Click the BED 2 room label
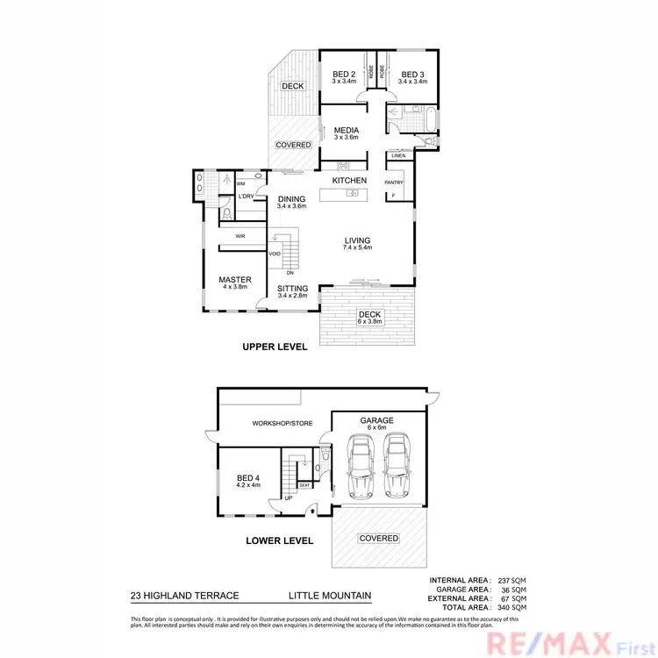tap(342, 75)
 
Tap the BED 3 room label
tap(411, 75)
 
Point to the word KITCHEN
tap(348, 181)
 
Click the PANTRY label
tap(393, 182)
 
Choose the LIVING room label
tap(357, 240)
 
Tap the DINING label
tap(291, 199)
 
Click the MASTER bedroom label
tap(235, 280)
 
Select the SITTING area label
tap(292, 289)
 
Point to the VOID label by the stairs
tap(275, 254)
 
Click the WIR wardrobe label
tap(239, 236)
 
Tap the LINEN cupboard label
tap(399, 156)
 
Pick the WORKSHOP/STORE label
tap(282, 423)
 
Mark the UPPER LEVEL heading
tap(275, 347)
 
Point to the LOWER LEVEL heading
tap(279, 540)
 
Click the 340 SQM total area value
tap(512, 607)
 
